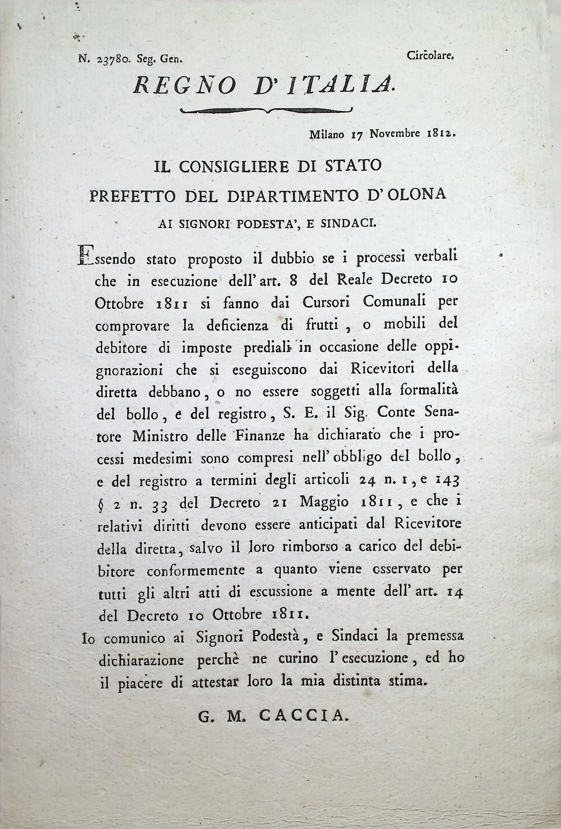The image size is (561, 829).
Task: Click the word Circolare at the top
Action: (430, 56)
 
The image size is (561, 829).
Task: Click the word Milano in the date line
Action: (327, 135)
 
